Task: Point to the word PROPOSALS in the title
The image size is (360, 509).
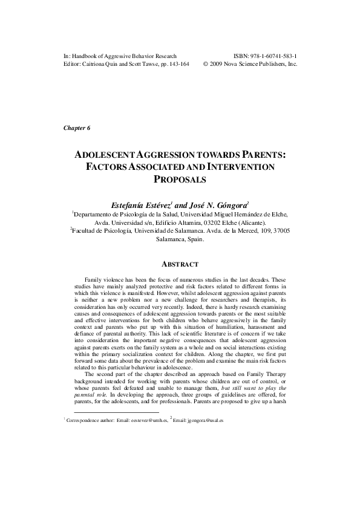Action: [x=180, y=179]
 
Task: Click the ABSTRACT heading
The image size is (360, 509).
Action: [x=180, y=263]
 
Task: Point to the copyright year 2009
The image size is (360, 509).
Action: [x=220, y=63]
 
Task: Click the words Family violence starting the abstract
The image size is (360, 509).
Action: [x=104, y=280]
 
